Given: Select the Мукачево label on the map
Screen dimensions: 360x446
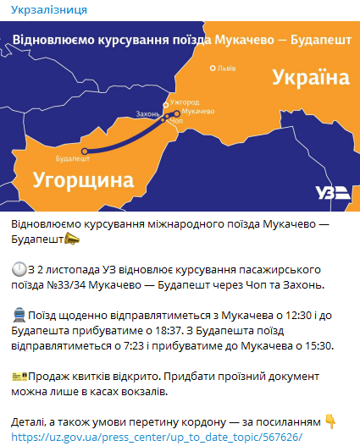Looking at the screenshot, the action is pos(197,112).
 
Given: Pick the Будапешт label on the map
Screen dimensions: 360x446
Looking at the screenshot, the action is pos(71,158).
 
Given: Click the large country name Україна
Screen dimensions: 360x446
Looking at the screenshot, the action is pos(310,78).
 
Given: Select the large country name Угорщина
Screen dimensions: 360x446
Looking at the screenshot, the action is pos(84,179).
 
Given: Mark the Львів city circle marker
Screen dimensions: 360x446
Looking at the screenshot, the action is pos(212,68).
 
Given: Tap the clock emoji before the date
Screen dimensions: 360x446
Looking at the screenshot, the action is pos(19,268).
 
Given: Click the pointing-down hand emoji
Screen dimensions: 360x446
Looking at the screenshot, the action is pos(331,421).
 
